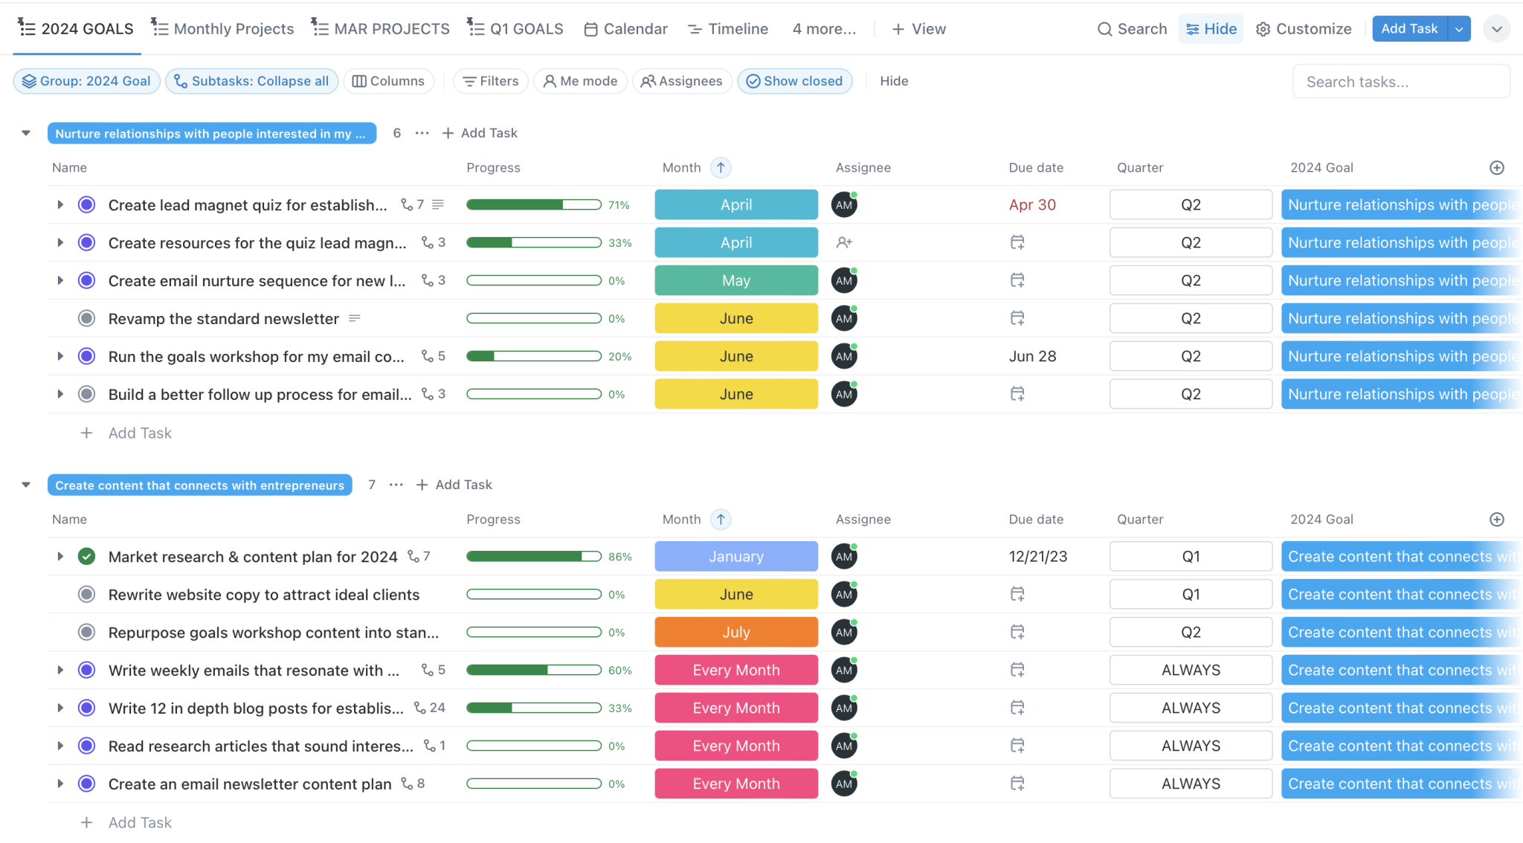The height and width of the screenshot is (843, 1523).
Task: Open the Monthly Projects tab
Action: coord(222,29)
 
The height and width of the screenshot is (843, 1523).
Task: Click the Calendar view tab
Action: coord(626,29)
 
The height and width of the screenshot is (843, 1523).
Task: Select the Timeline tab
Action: coord(728,29)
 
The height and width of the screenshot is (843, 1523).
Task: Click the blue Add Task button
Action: coord(1409,29)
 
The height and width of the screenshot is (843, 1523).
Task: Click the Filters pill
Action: coord(491,81)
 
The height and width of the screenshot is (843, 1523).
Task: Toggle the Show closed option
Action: coord(795,81)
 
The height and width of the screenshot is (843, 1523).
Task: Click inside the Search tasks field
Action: coord(1401,82)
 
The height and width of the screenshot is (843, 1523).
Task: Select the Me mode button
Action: coord(580,81)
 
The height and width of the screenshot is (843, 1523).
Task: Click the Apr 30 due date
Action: coord(1032,204)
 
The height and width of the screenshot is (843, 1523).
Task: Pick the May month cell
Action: coord(736,280)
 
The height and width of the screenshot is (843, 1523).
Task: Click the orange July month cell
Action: coord(736,632)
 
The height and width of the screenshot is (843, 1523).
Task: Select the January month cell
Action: coord(736,556)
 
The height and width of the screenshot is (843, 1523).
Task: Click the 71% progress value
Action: coord(619,205)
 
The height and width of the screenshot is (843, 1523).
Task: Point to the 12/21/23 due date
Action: coord(1037,556)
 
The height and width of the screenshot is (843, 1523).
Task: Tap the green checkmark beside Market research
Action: coord(87,556)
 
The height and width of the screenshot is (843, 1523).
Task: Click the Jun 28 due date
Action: coord(1032,356)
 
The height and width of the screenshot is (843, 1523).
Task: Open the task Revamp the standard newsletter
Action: coord(223,319)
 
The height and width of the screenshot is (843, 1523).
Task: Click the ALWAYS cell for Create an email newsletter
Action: coord(1191,784)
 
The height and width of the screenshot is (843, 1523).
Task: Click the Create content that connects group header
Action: coord(199,485)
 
